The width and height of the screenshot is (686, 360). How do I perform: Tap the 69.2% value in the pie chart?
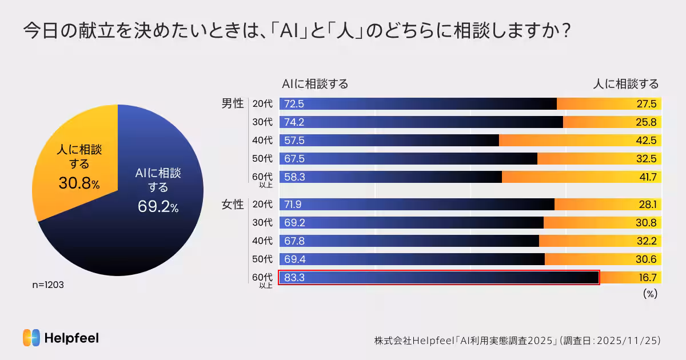(158, 207)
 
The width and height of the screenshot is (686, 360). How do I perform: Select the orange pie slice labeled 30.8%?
(74, 166)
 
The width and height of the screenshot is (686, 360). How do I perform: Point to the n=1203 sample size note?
(47, 285)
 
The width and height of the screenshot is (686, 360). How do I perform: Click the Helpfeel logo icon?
(31, 338)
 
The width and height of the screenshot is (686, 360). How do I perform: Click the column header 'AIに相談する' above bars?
(315, 84)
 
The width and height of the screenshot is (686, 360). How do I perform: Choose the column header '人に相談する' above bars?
(625, 84)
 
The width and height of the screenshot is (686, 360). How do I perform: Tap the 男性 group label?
(233, 104)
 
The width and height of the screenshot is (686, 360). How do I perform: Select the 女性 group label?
(233, 205)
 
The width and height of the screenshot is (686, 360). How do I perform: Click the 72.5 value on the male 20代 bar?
(294, 104)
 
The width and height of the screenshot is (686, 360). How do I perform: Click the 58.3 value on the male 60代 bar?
(294, 177)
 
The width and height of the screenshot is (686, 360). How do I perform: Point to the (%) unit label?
(650, 293)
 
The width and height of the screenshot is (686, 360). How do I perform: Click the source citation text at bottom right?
(517, 340)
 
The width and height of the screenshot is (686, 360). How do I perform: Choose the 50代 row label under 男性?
(262, 159)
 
